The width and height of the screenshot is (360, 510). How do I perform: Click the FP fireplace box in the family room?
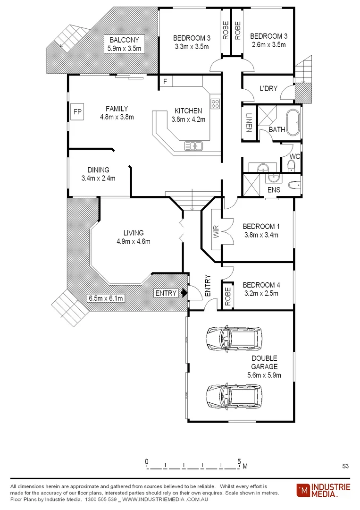76,112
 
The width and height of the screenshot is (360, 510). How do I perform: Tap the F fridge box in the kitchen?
165,81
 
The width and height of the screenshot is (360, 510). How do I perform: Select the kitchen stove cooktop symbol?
215,103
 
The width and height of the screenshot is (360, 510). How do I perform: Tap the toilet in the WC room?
291,164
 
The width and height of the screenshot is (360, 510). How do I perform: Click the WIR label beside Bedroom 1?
216,231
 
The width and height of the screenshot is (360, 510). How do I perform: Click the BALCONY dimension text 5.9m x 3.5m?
124,48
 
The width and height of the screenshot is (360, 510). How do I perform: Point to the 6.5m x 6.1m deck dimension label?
106,298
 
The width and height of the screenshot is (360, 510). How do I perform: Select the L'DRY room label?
268,88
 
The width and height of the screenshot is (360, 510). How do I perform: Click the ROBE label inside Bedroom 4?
228,297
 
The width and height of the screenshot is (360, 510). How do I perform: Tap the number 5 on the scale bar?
239,461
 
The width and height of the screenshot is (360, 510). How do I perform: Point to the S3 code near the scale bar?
345,466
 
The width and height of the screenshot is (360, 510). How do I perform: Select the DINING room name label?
98,170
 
